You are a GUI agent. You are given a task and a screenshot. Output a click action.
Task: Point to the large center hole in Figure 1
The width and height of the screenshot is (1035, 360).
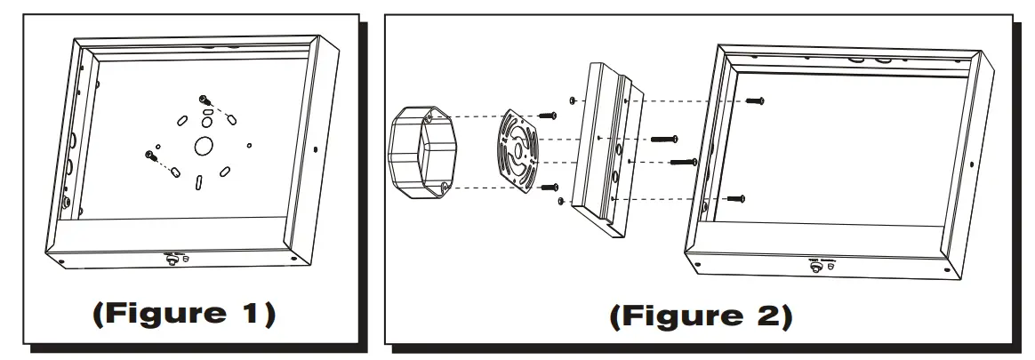(x=202, y=146)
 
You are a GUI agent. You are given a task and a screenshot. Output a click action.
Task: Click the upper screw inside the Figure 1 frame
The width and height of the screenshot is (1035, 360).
(x=205, y=100)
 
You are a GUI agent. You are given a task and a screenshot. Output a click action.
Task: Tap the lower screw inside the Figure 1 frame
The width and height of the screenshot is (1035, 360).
(x=148, y=155)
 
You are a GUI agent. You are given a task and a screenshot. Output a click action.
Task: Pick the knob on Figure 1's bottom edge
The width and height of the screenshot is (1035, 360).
(x=169, y=259)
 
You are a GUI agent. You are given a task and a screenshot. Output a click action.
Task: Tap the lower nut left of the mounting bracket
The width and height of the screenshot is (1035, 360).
(x=560, y=201)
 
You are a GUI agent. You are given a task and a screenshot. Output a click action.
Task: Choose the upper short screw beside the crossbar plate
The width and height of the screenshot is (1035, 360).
(x=547, y=115)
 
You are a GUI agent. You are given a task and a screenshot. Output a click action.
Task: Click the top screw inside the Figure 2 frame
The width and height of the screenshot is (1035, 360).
(x=756, y=101)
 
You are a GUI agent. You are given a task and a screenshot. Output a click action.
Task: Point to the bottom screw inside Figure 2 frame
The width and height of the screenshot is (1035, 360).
(x=734, y=197)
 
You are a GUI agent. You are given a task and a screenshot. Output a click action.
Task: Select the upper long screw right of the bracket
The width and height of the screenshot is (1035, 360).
(x=663, y=139)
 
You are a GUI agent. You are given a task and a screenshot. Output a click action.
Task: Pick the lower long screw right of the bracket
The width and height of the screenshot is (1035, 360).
(x=682, y=162)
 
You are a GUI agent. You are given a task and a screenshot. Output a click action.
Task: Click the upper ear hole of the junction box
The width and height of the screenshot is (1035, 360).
(x=430, y=116)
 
